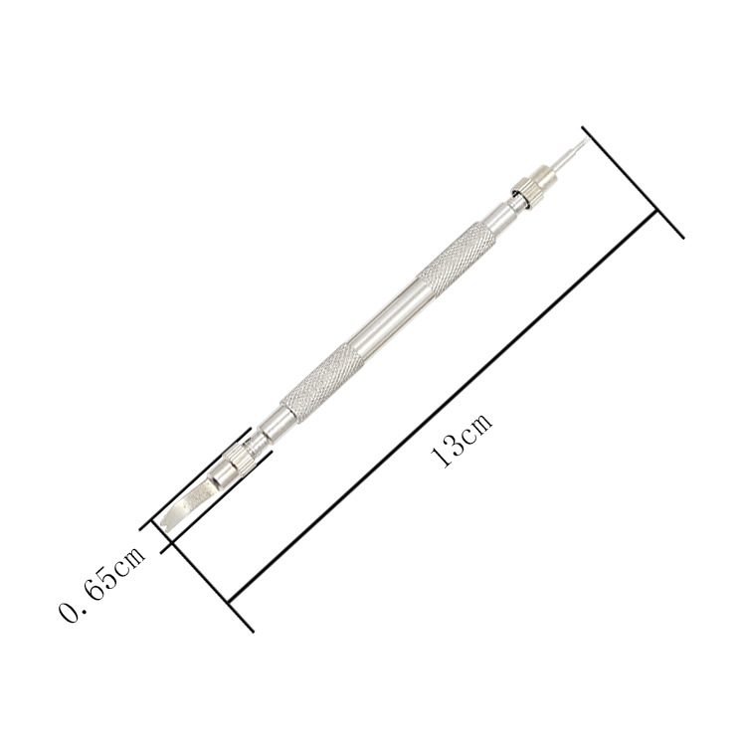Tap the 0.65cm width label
(101, 583)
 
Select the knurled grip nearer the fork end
(322, 384)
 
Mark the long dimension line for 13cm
(443, 407)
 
